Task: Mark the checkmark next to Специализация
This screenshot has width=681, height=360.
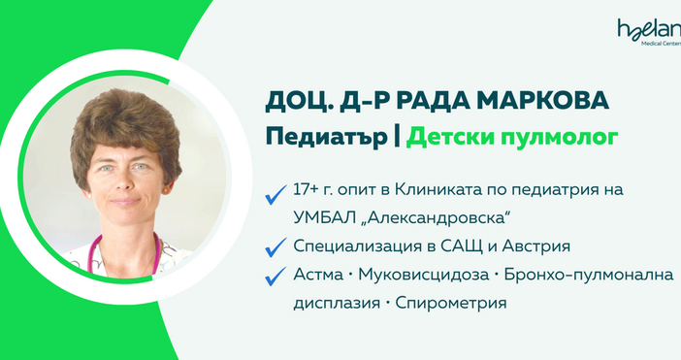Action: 276,246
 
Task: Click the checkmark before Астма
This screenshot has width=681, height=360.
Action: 276,277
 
